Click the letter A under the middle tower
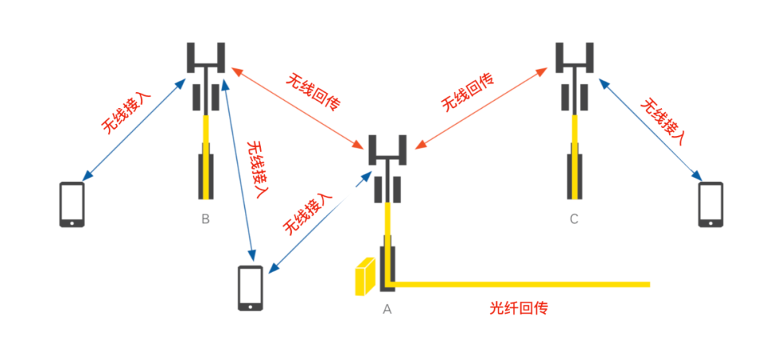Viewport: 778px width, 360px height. (387, 309)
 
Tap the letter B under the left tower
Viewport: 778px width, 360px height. (205, 219)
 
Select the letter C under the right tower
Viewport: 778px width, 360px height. (573, 219)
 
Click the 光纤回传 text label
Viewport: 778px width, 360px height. (519, 309)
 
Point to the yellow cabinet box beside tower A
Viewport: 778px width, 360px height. (365, 277)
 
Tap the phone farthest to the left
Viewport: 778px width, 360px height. (72, 205)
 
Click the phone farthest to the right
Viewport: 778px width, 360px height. (710, 205)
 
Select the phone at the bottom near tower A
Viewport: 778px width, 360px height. (251, 288)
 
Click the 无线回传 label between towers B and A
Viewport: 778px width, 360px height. (313, 91)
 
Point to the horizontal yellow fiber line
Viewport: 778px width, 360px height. (519, 284)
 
